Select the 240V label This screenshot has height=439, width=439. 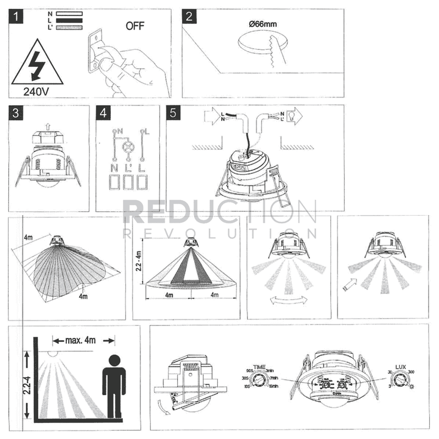[x=37, y=90]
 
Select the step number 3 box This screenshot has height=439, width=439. [x=18, y=112]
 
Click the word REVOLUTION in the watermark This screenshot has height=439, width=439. [x=219, y=234]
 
